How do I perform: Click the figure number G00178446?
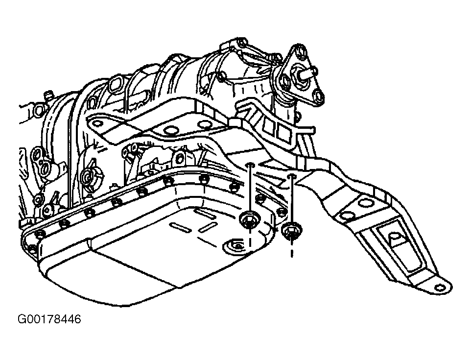tap(49, 319)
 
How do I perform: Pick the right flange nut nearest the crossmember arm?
tap(291, 231)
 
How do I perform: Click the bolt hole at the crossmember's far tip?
tap(440, 287)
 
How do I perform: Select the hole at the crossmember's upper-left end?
tap(97, 123)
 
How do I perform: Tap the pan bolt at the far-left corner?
tap(32, 248)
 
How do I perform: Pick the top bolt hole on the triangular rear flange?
tap(301, 51)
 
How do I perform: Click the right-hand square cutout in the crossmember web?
tap(283, 131)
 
